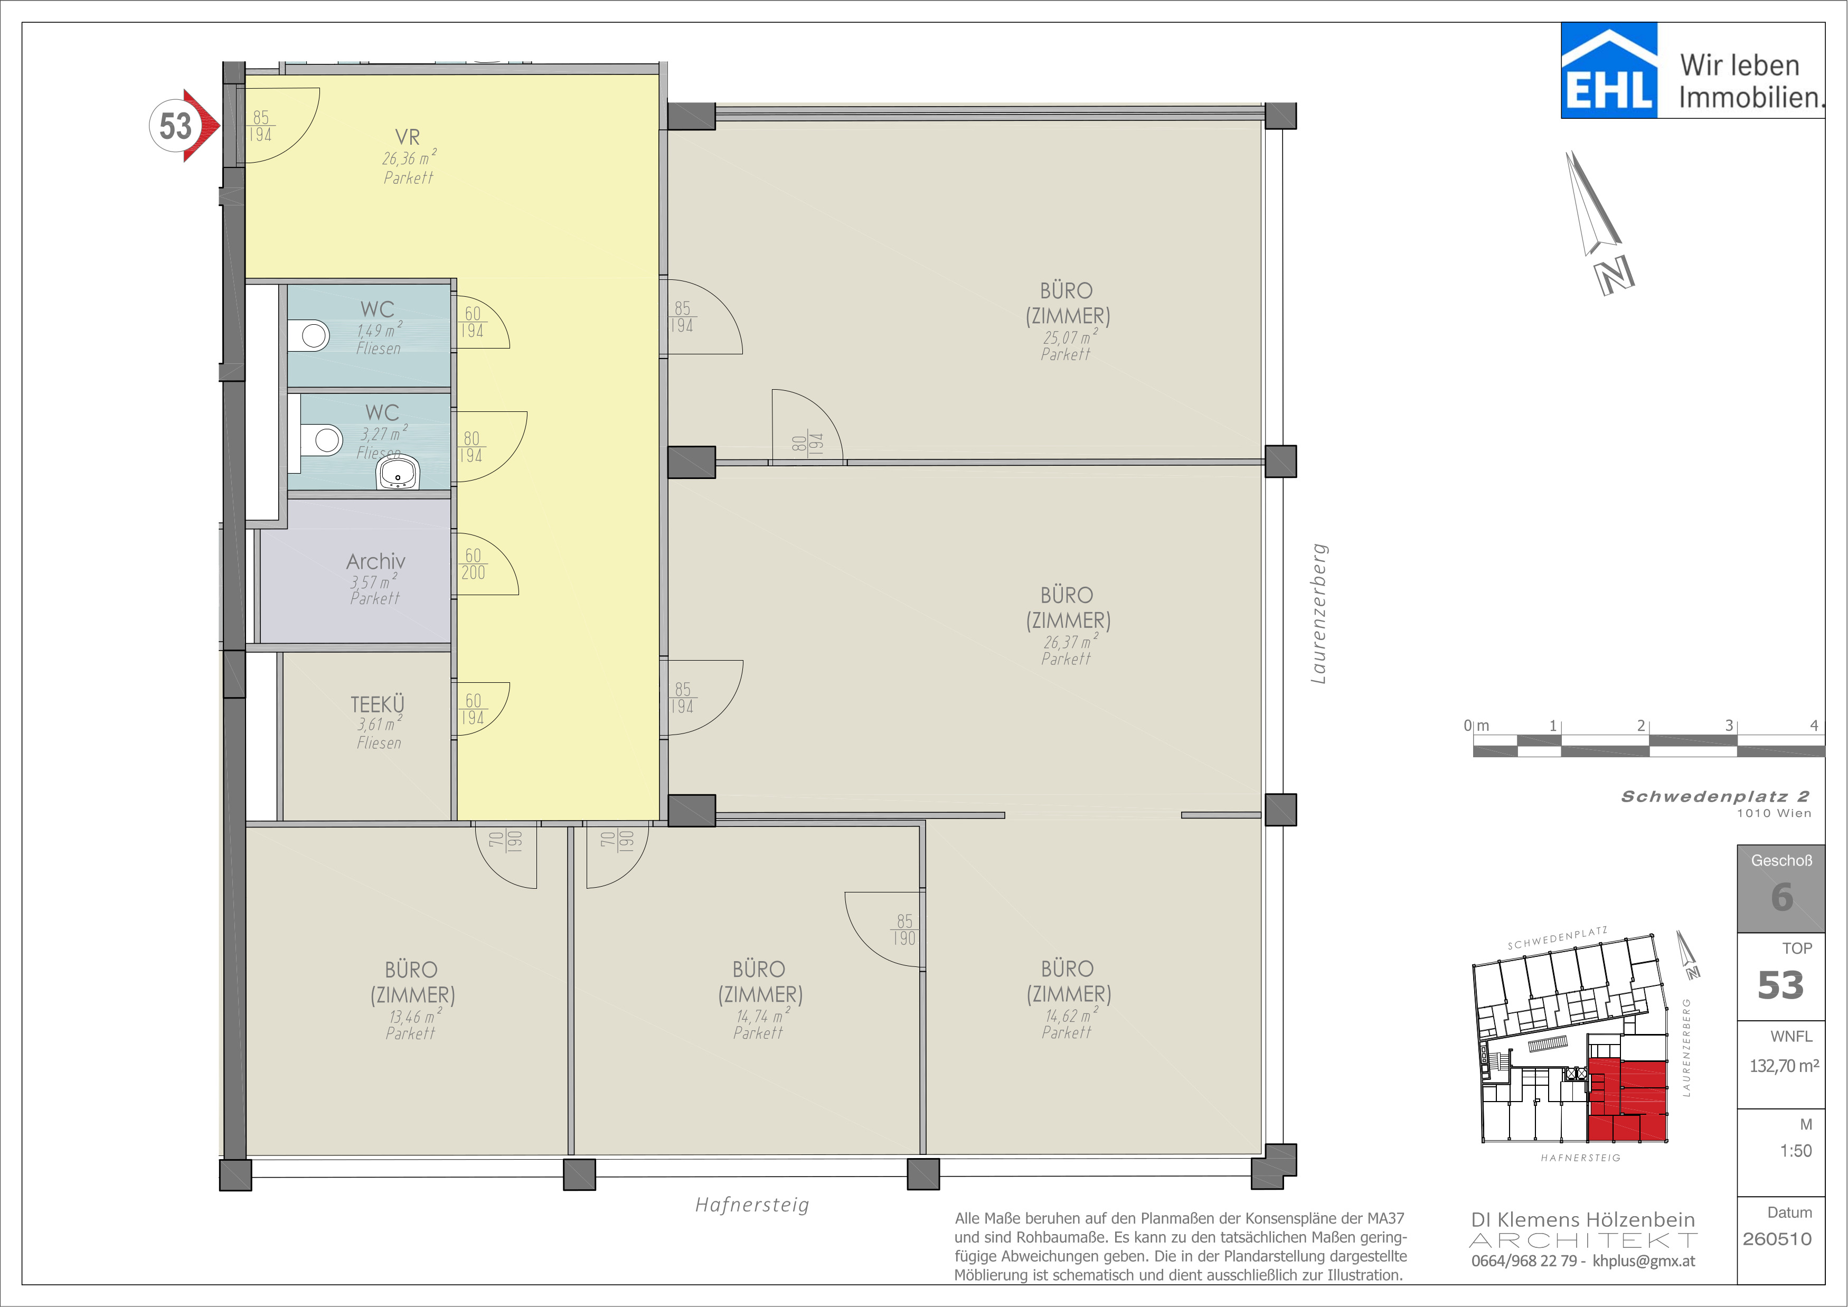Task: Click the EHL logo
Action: [1609, 70]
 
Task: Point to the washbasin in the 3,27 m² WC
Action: [398, 473]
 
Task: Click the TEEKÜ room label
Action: [378, 704]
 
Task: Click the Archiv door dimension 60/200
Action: [473, 564]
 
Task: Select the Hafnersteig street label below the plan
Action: [752, 1205]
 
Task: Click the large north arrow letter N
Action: [1615, 275]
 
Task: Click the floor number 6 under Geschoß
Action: [1782, 897]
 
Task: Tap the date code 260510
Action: [1777, 1238]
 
